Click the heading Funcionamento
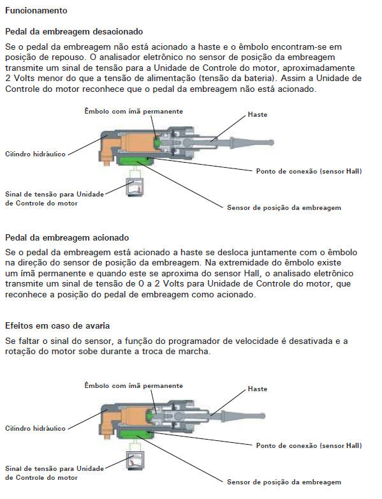click(x=36, y=10)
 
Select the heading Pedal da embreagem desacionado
click(x=74, y=31)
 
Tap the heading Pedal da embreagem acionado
click(x=67, y=238)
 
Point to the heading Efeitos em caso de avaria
click(x=57, y=326)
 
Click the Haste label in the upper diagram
click(x=258, y=115)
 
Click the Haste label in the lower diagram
click(x=258, y=389)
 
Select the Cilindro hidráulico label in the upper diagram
click(x=35, y=154)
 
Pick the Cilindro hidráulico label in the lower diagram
click(x=35, y=428)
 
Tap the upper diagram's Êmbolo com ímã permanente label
click(x=133, y=111)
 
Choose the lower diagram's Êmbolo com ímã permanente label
click(x=133, y=385)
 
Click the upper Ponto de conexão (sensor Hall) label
click(x=309, y=171)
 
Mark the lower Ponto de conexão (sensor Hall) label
click(x=309, y=445)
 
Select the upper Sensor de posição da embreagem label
click(x=284, y=208)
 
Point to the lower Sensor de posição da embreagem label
click(x=284, y=482)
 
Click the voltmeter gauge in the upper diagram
click(x=135, y=187)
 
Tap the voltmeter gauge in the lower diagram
click(x=135, y=461)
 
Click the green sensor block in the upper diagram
click(x=135, y=161)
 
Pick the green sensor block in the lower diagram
click(x=135, y=435)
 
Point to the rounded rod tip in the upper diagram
click(x=270, y=142)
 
